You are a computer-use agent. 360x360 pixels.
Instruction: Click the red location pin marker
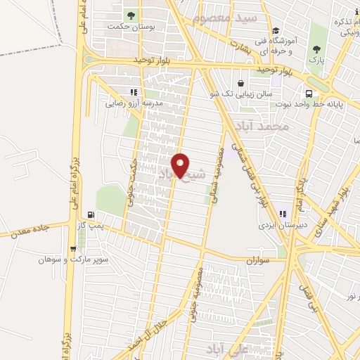(x=181, y=166)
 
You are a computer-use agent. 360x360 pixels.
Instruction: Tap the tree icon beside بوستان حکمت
(x=129, y=15)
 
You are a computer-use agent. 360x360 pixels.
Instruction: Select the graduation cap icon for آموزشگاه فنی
(x=275, y=30)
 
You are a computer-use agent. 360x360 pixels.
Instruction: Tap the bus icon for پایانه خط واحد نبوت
(x=309, y=94)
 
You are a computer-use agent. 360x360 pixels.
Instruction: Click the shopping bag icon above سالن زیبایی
(x=241, y=82)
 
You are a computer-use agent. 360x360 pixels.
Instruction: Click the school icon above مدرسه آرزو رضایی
(x=134, y=91)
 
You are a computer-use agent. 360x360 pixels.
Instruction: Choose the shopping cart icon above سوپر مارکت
(x=73, y=248)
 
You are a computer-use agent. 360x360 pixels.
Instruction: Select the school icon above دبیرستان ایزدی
(x=283, y=214)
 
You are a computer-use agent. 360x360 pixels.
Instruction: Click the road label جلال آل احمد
(x=150, y=335)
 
